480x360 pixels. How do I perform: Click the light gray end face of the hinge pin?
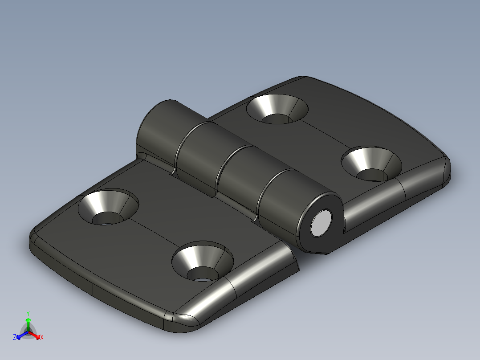coord(321,223)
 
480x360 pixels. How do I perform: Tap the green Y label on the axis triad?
coord(28,313)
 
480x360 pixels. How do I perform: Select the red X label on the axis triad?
coord(42,338)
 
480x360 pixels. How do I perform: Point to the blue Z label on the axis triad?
coord(15,338)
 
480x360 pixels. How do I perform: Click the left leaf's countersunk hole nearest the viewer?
coord(203,263)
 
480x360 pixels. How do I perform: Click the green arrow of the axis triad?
coord(28,323)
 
